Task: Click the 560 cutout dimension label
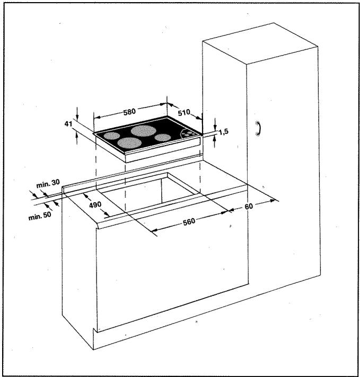(x=189, y=220)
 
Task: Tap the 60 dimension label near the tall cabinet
(x=249, y=205)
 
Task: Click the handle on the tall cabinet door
(x=259, y=129)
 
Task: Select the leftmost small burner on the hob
(x=111, y=135)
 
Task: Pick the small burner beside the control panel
(x=163, y=138)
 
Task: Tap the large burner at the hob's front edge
(x=129, y=142)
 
